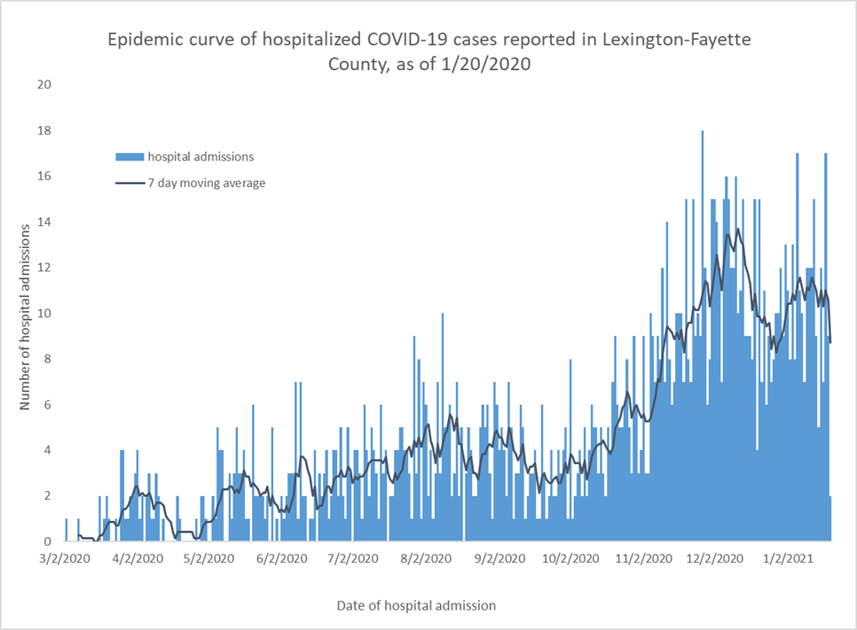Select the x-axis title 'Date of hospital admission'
416,605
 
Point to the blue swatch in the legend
129,157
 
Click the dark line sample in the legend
129,183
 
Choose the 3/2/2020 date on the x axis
65,560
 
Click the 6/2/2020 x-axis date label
282,560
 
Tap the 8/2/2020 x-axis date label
427,560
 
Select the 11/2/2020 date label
646,560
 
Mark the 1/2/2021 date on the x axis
790,560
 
